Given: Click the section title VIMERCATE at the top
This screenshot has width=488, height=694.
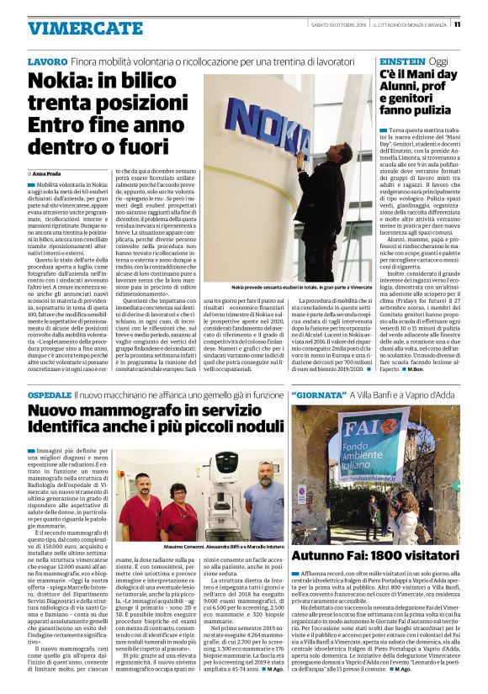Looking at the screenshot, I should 73,27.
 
